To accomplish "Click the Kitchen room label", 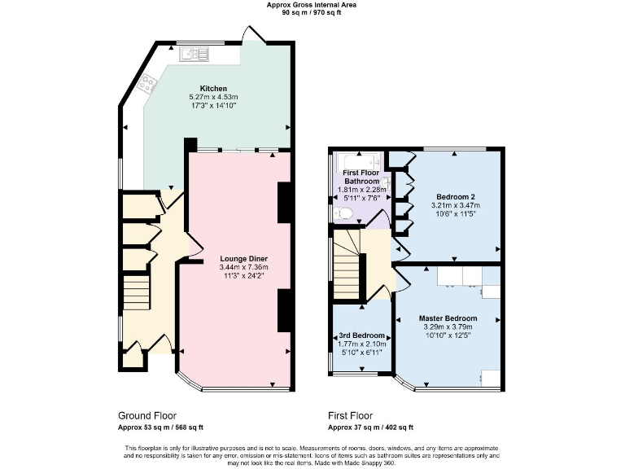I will [214, 88].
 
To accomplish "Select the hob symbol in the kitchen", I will [148, 82].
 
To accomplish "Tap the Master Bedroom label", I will [448, 318].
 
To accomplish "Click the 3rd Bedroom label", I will [362, 335].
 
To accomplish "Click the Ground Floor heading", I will [147, 415].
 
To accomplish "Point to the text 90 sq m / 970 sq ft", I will [312, 13].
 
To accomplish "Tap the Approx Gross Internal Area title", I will [312, 5].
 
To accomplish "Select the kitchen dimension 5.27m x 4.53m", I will [214, 97].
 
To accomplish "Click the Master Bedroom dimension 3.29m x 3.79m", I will [448, 327].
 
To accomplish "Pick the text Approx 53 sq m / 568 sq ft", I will [161, 427].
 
